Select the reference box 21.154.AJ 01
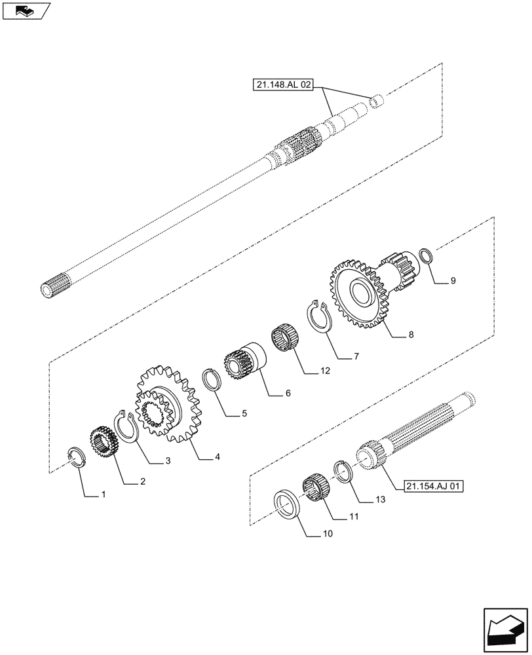434,486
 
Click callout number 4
217,457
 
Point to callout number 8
411,335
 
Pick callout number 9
452,281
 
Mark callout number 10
328,534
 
